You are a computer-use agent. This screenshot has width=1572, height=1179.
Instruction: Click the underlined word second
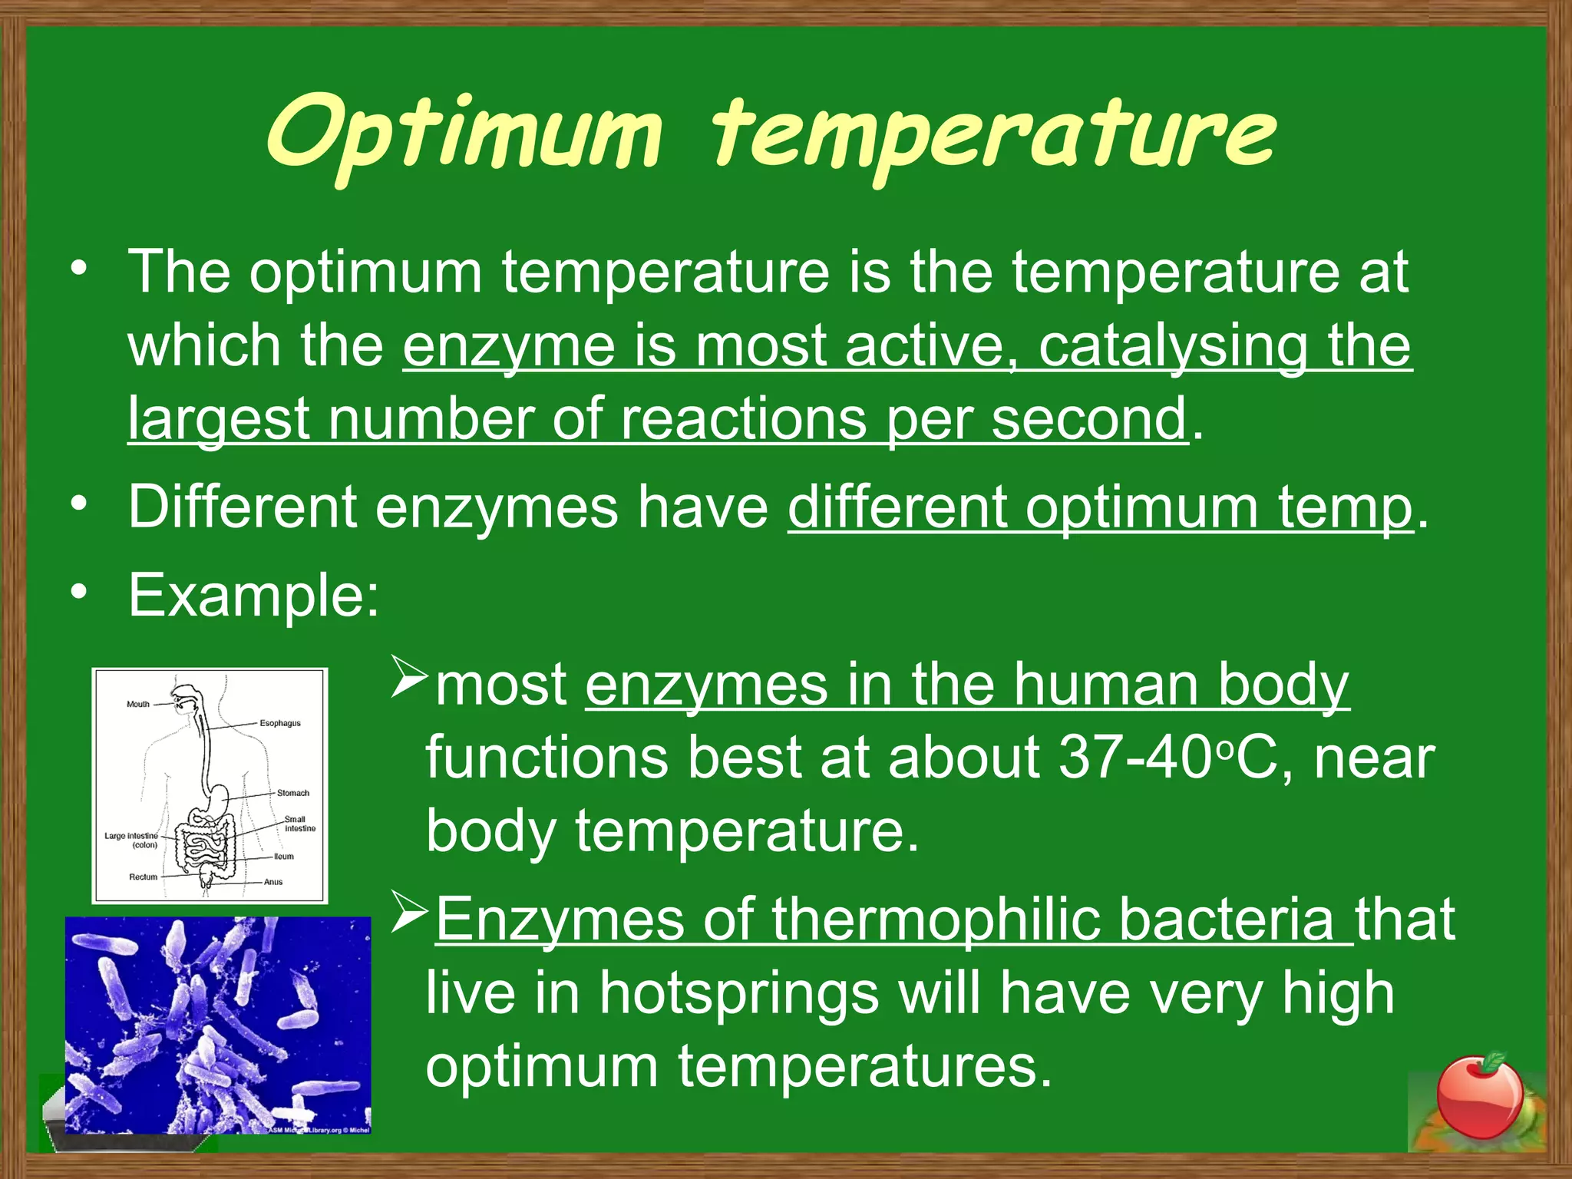tap(1089, 420)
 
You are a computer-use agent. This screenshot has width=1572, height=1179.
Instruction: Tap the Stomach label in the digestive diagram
tap(293, 793)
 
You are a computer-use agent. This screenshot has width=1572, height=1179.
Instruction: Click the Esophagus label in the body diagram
tap(279, 723)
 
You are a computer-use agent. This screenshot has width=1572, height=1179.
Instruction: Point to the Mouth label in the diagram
tap(138, 704)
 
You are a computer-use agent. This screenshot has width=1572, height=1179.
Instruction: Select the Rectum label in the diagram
tap(143, 877)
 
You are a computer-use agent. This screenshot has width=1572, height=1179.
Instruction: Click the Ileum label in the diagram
tap(283, 856)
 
